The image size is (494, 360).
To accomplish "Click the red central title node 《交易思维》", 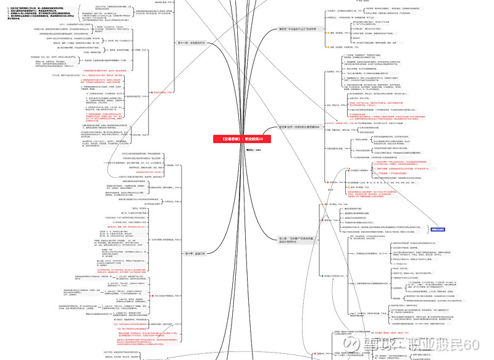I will tap(238, 139).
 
